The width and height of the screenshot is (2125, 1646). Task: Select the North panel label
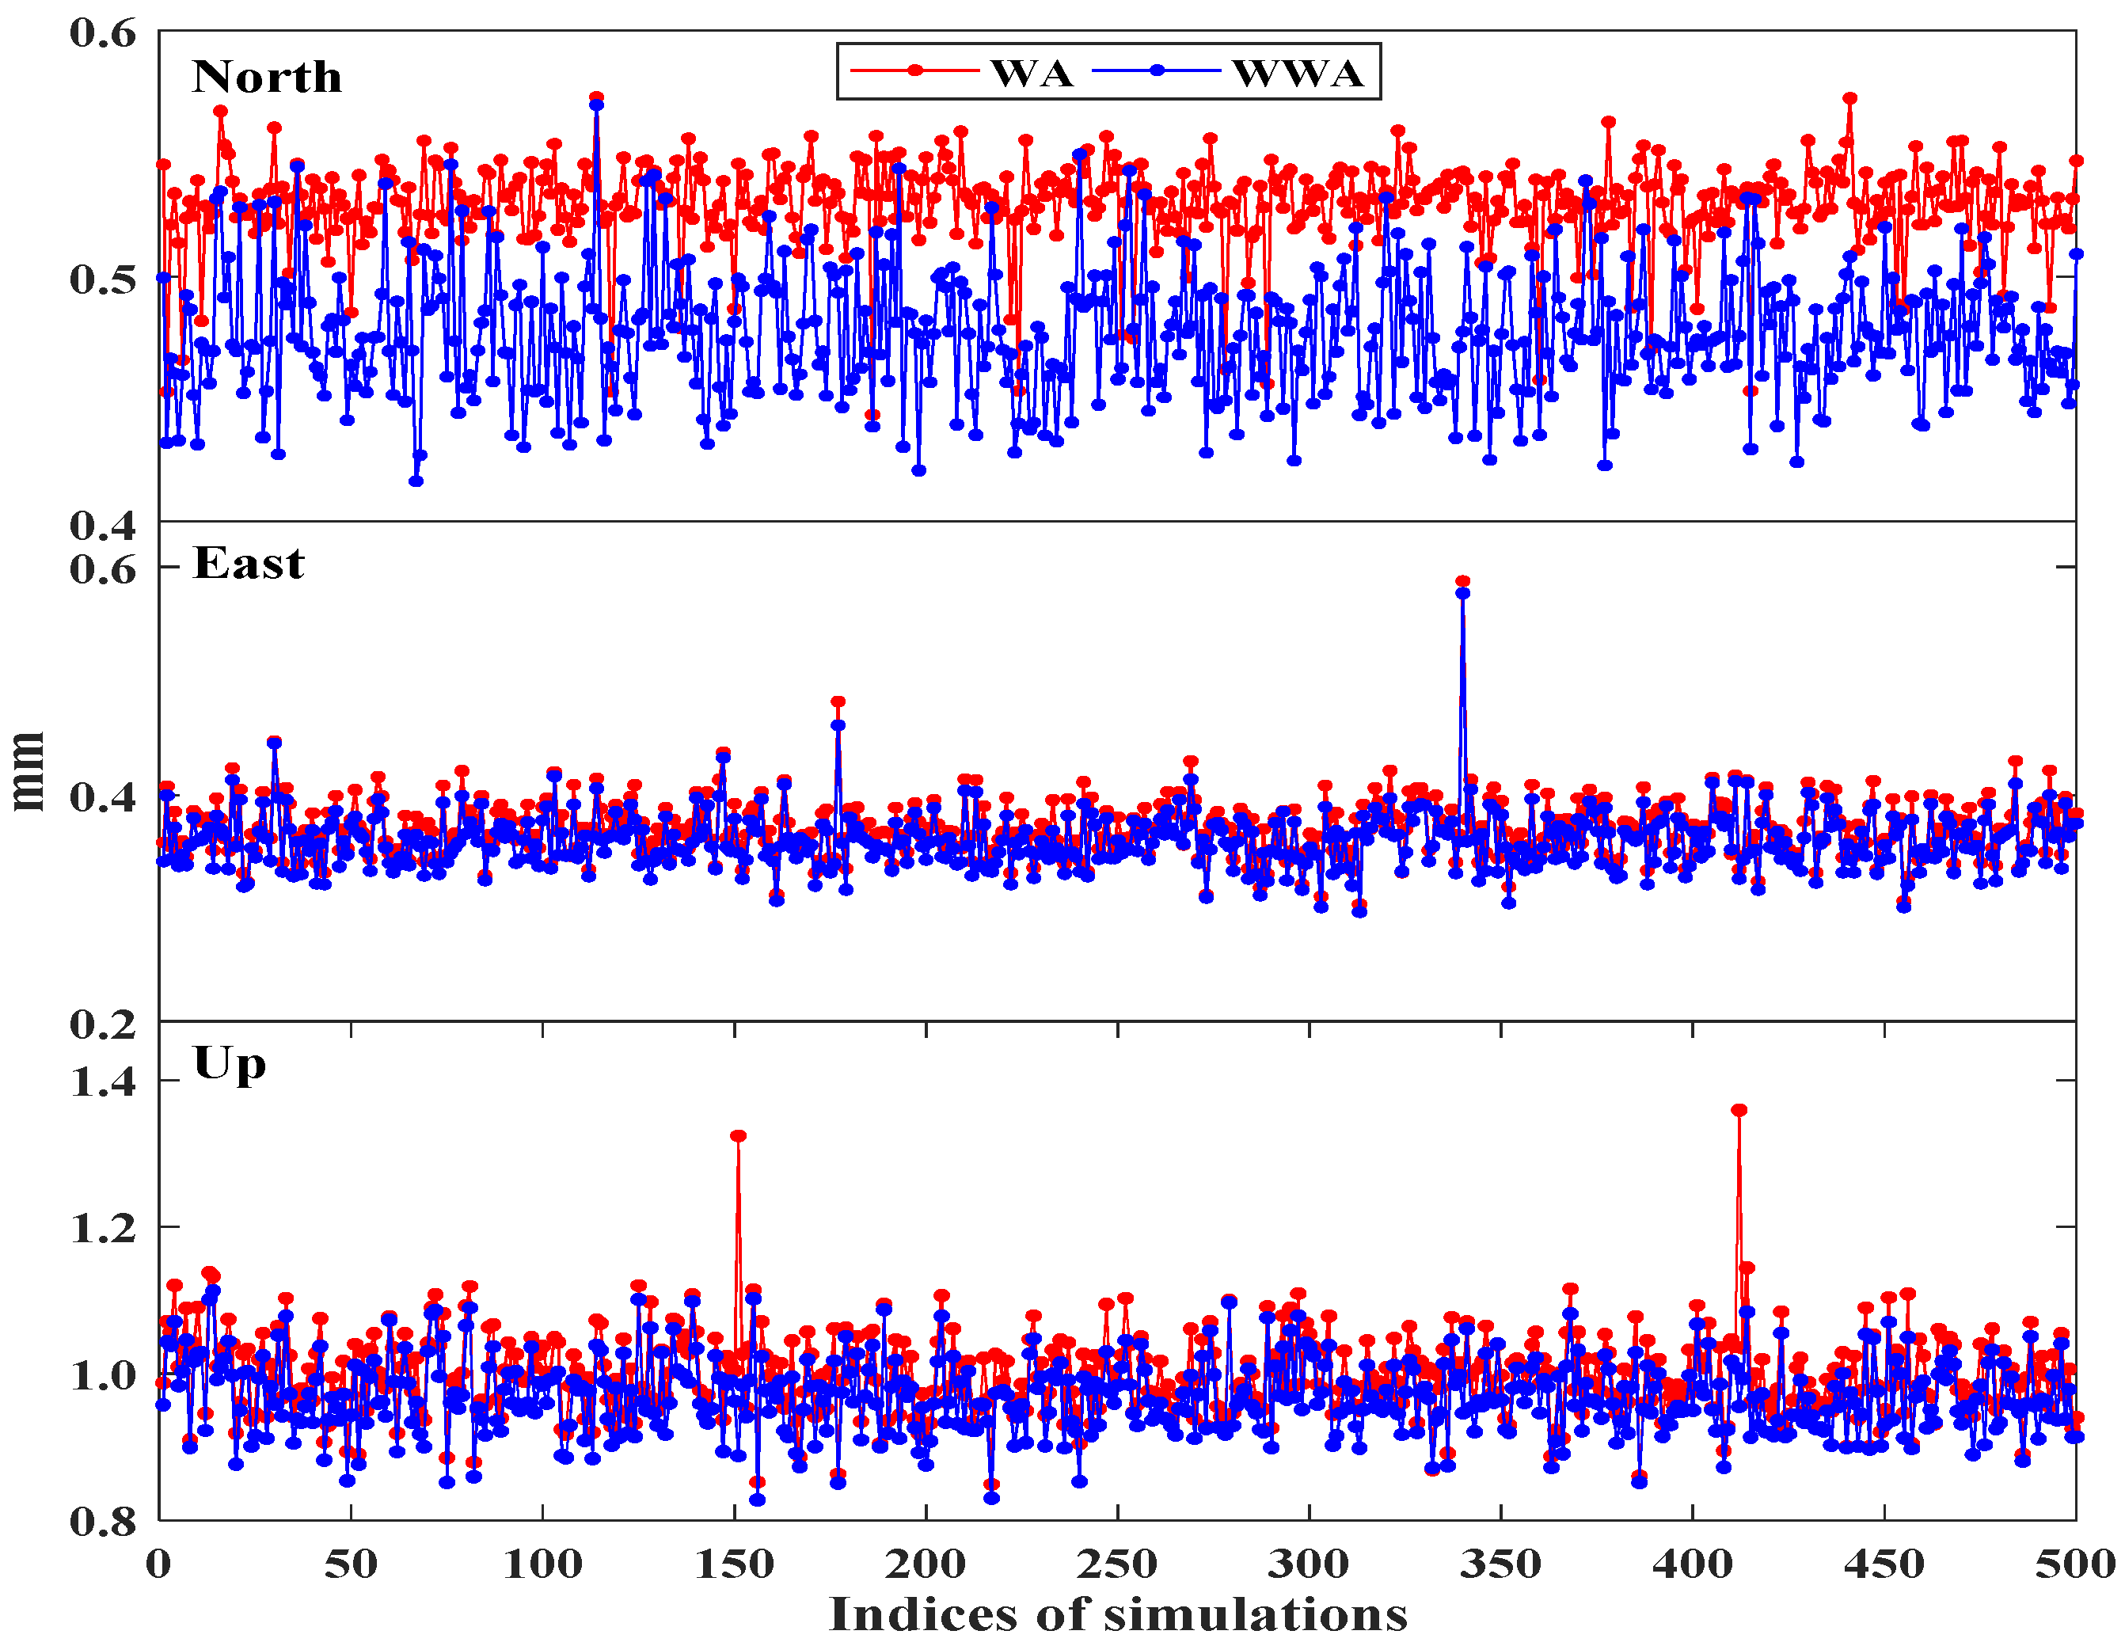coord(267,77)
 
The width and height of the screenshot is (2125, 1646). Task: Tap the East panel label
coord(248,563)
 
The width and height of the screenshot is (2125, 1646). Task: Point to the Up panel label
coord(230,1064)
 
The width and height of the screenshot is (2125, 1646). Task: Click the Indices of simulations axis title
coord(1117,1615)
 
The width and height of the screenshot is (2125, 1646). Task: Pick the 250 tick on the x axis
coord(1117,1564)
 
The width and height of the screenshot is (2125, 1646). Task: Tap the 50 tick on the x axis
coord(350,1564)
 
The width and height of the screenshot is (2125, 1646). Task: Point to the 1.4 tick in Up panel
coord(103,1081)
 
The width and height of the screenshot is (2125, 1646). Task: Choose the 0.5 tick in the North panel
coord(103,279)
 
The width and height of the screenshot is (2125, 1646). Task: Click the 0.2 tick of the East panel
coord(103,1024)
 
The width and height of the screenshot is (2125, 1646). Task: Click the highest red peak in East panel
coord(1462,582)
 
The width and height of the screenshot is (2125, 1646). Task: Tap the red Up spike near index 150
coord(739,1136)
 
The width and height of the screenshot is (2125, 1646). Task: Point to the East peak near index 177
coord(838,701)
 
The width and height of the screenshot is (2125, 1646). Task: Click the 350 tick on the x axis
coord(1500,1564)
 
